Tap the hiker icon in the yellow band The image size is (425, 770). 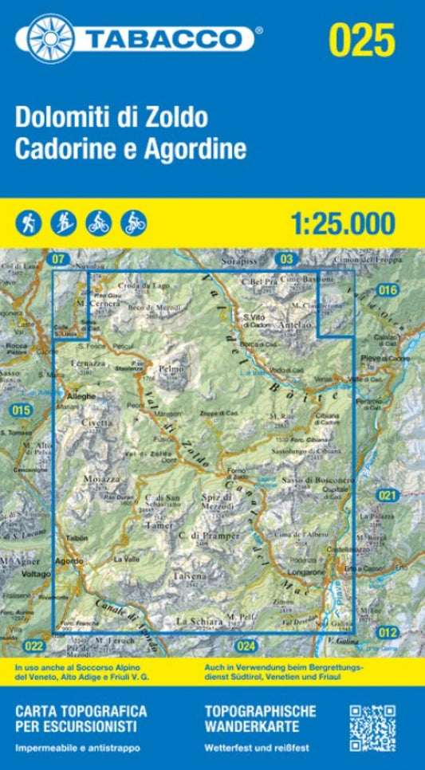click(x=28, y=223)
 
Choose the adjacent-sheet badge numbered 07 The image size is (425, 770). click(x=57, y=258)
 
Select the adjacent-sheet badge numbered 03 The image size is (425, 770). click(x=287, y=258)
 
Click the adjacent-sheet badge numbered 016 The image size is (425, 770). click(x=388, y=290)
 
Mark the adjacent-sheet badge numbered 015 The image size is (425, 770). click(x=21, y=411)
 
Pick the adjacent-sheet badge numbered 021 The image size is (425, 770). click(x=388, y=496)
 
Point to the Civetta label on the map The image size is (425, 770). click(x=102, y=424)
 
